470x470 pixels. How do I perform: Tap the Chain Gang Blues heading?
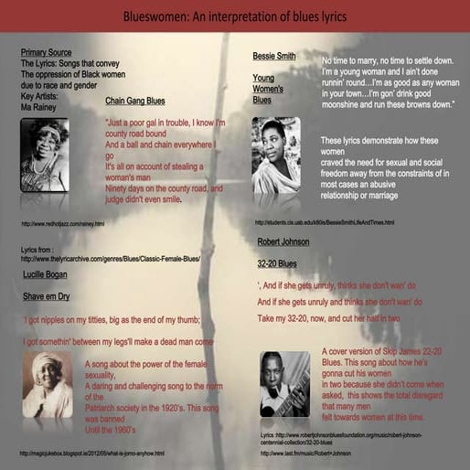135,101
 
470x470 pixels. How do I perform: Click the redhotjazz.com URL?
62,223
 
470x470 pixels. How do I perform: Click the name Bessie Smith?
274,56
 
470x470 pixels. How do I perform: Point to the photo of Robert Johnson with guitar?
284,384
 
